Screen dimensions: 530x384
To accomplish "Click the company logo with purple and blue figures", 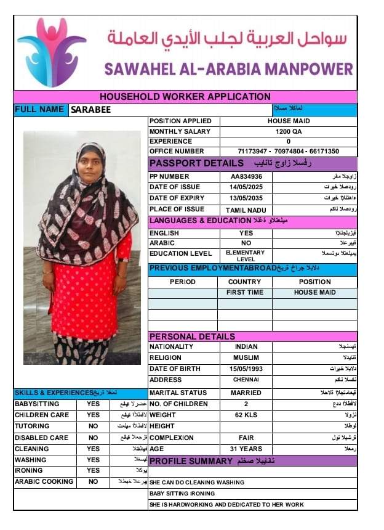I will coord(51,52).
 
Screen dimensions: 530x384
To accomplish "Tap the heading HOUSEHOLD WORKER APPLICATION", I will coord(185,97).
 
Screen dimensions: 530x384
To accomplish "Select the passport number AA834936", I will coord(246,176).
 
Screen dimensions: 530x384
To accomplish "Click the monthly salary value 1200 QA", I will coord(288,131).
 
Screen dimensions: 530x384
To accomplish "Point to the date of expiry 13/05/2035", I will coord(246,198).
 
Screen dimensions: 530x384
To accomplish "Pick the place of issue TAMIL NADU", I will coord(246,210).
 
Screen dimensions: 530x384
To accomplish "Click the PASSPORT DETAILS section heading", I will coord(197,163).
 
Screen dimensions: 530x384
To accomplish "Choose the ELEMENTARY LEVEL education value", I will coord(246,256).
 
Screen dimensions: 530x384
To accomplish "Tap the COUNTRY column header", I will coord(245,282).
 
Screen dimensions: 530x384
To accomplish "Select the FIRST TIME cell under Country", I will coord(245,292).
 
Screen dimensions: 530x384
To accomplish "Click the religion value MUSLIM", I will coord(246,357).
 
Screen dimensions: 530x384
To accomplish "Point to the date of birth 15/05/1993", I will coord(246,368).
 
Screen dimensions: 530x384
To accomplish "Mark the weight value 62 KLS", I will coord(246,415).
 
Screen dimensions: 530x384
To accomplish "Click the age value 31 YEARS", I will coord(246,449).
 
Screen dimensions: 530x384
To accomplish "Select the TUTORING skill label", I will coord(32,426).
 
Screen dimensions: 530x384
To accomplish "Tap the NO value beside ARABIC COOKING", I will coord(93,481).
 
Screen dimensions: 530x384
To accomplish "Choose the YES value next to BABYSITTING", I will coord(93,404).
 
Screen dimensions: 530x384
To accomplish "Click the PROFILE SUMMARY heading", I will coord(191,461).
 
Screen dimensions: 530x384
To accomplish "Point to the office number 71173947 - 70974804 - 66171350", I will coord(288,151).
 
